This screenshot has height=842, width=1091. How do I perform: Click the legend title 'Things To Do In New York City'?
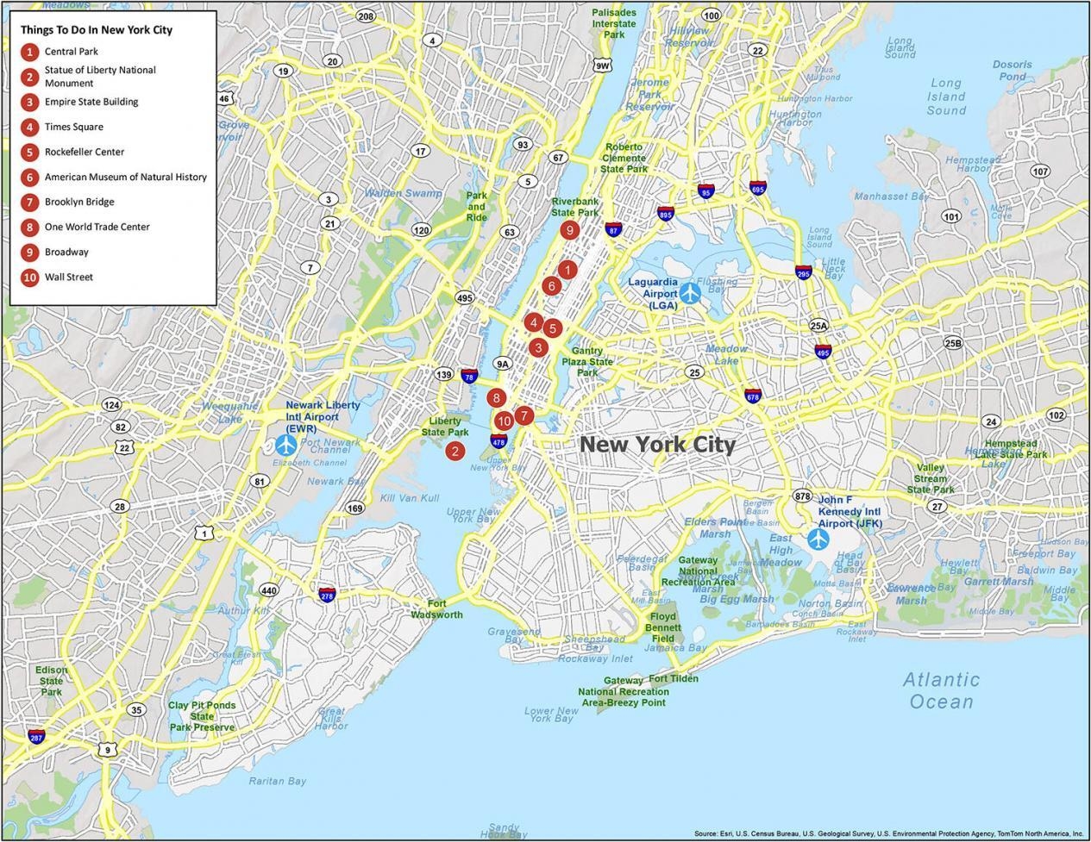97,29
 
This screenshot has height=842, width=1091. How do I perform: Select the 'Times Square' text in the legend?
74,127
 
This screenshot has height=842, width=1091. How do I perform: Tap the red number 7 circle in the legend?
30,203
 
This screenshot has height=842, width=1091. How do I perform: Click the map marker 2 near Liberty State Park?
455,450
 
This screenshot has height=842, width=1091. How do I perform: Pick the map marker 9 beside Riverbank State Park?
568,230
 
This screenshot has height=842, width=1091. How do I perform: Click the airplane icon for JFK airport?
818,540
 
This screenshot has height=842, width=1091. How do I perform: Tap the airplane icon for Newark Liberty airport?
286,446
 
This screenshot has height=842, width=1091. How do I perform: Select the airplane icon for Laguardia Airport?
690,293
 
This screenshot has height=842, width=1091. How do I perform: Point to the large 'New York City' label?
657,445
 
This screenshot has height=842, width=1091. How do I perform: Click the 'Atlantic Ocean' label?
942,690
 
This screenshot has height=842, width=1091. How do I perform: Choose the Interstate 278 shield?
327,595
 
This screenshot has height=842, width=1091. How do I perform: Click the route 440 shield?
269,590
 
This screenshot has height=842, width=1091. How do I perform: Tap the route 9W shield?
603,65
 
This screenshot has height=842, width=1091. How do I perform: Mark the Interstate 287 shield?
36,737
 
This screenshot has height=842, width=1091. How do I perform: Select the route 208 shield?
366,16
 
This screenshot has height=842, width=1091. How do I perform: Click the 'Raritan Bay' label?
278,782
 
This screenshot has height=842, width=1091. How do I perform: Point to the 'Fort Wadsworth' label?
436,609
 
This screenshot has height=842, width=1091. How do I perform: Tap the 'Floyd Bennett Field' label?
663,627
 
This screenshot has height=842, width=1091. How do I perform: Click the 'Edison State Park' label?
51,681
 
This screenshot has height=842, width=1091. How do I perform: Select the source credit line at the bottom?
888,833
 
